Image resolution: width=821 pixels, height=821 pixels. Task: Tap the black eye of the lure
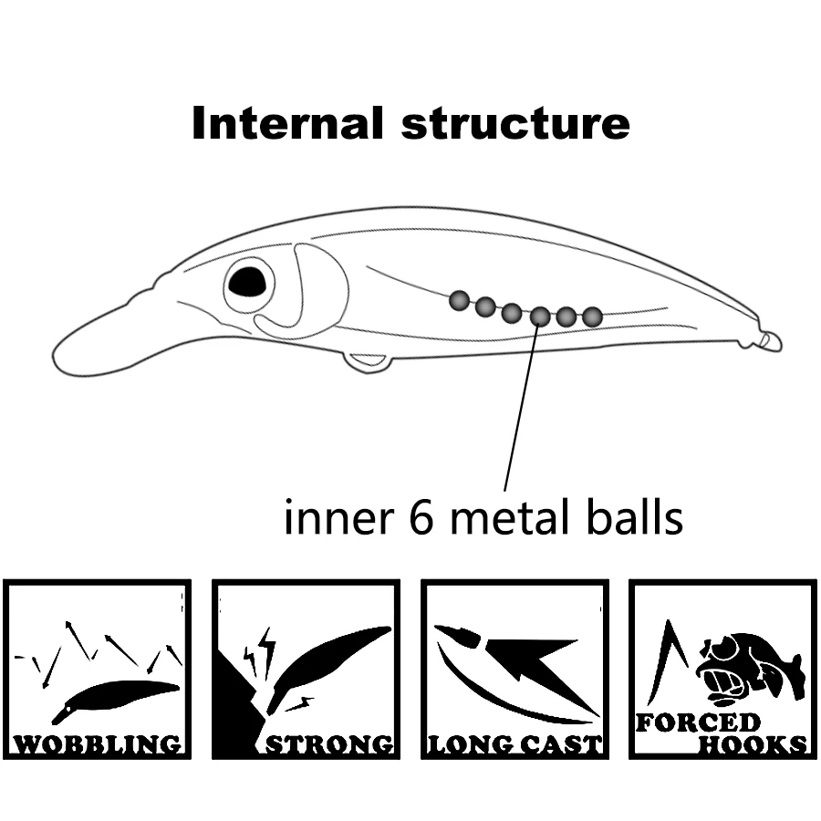(x=247, y=283)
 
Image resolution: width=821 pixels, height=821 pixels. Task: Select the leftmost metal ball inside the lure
(x=459, y=299)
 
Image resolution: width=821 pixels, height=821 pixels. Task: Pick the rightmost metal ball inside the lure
(x=592, y=317)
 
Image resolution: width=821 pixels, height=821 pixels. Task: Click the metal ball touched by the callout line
(x=540, y=316)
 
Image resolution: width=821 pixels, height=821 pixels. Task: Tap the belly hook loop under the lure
(x=368, y=362)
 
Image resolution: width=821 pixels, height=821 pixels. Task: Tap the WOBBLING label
(x=98, y=744)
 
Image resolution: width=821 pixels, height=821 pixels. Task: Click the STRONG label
(x=329, y=744)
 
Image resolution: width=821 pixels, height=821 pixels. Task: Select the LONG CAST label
(x=515, y=744)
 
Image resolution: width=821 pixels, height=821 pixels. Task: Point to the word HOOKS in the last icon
(x=753, y=744)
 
